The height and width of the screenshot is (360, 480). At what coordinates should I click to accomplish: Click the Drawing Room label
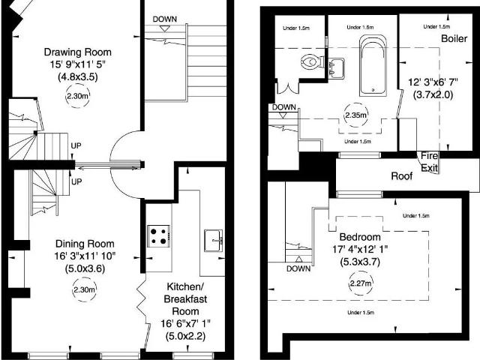point(78,52)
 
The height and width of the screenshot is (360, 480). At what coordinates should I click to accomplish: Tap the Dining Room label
point(85,244)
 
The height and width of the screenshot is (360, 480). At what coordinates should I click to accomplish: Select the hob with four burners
point(158,236)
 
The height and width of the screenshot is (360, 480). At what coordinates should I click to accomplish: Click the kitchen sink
point(213,240)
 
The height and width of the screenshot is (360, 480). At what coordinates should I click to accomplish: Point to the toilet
point(312,61)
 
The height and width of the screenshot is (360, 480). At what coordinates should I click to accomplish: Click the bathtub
point(373,65)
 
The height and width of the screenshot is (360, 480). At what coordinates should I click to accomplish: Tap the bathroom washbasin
point(336,68)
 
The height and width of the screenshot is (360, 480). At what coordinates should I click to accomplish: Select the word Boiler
point(454,38)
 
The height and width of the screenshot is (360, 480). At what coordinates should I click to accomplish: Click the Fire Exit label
point(429,162)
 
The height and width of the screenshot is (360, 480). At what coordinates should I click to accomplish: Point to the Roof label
point(402,176)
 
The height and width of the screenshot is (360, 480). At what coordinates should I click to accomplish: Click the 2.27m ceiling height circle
point(360,283)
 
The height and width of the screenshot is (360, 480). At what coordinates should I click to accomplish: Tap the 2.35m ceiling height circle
point(355,115)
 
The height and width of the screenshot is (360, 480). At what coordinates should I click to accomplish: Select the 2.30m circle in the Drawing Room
point(78,96)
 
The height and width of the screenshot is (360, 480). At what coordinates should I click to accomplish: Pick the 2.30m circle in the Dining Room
point(84,289)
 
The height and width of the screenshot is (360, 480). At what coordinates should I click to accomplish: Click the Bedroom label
point(360,237)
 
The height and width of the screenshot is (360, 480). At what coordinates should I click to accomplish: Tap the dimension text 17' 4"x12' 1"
point(360,249)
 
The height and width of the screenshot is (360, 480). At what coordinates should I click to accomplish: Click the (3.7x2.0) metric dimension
point(433,94)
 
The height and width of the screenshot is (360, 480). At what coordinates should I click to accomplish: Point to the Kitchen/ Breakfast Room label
point(185,299)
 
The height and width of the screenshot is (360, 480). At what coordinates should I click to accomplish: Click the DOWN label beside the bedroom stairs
point(298,268)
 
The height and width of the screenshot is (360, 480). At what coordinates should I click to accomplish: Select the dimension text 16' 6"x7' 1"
point(185,323)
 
